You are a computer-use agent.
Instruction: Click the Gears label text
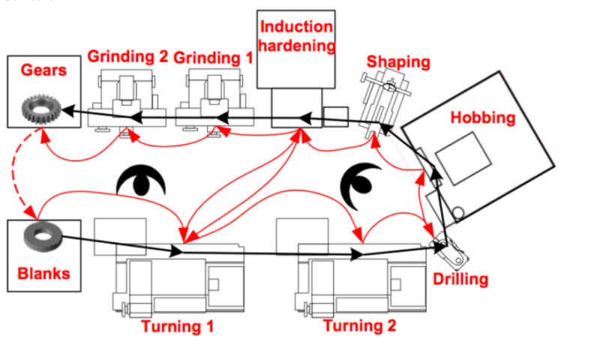tap(44, 70)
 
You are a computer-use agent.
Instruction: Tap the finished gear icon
tap(38, 109)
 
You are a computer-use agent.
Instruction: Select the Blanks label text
tap(43, 273)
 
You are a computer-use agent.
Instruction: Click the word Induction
tap(295, 27)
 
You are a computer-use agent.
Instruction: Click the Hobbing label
tap(483, 117)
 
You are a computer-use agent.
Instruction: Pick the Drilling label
tap(460, 280)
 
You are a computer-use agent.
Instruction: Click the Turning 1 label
tap(178, 326)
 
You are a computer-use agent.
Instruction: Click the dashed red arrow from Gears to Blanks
tap(22, 172)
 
